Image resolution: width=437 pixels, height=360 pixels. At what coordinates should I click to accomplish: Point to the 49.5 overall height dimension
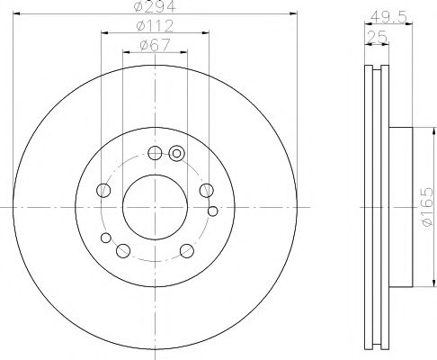coord(384,15)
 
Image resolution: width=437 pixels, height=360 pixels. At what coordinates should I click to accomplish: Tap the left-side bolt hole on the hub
coord(103,190)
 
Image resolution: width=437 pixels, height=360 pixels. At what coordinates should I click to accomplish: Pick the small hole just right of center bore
coord(212,211)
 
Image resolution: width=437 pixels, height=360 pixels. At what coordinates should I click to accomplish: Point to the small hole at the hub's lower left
coord(106,238)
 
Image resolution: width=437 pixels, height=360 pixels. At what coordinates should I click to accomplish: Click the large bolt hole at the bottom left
coord(123,251)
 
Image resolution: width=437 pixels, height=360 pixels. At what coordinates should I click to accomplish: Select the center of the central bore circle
coord(155,206)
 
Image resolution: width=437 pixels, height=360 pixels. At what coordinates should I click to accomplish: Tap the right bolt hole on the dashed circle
coord(207,189)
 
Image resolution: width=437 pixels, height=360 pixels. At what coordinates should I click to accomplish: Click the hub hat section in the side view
coord(400,206)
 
